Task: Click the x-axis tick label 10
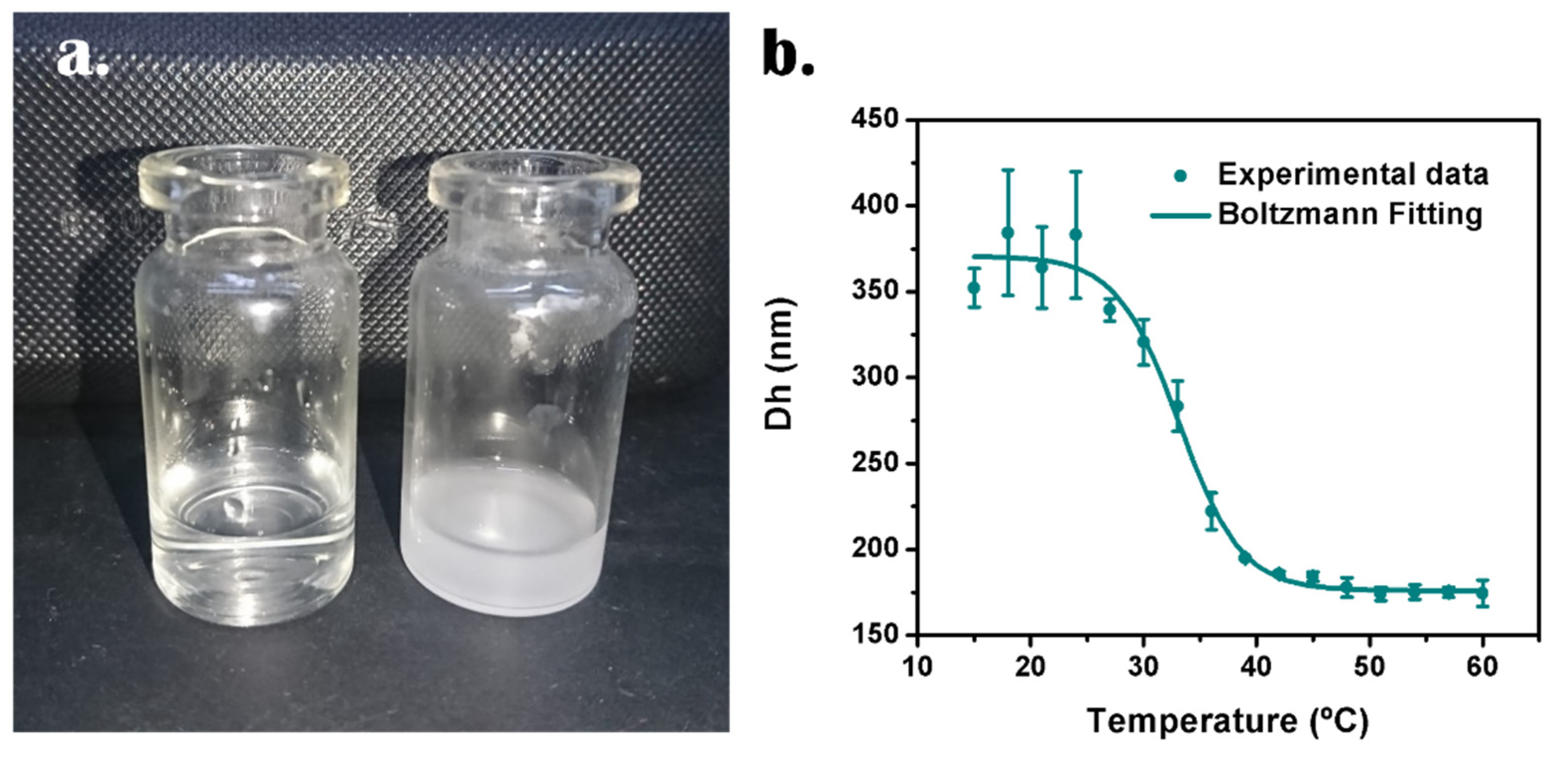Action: pyautogui.click(x=917, y=666)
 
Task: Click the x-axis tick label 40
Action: pyautogui.click(x=1256, y=666)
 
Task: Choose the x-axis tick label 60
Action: pyautogui.click(x=1483, y=666)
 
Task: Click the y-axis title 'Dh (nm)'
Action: pyautogui.click(x=779, y=364)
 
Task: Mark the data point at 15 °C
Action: pyautogui.click(x=974, y=288)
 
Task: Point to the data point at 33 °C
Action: pyautogui.click(x=1178, y=407)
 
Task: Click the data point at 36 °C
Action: pyautogui.click(x=1211, y=511)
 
